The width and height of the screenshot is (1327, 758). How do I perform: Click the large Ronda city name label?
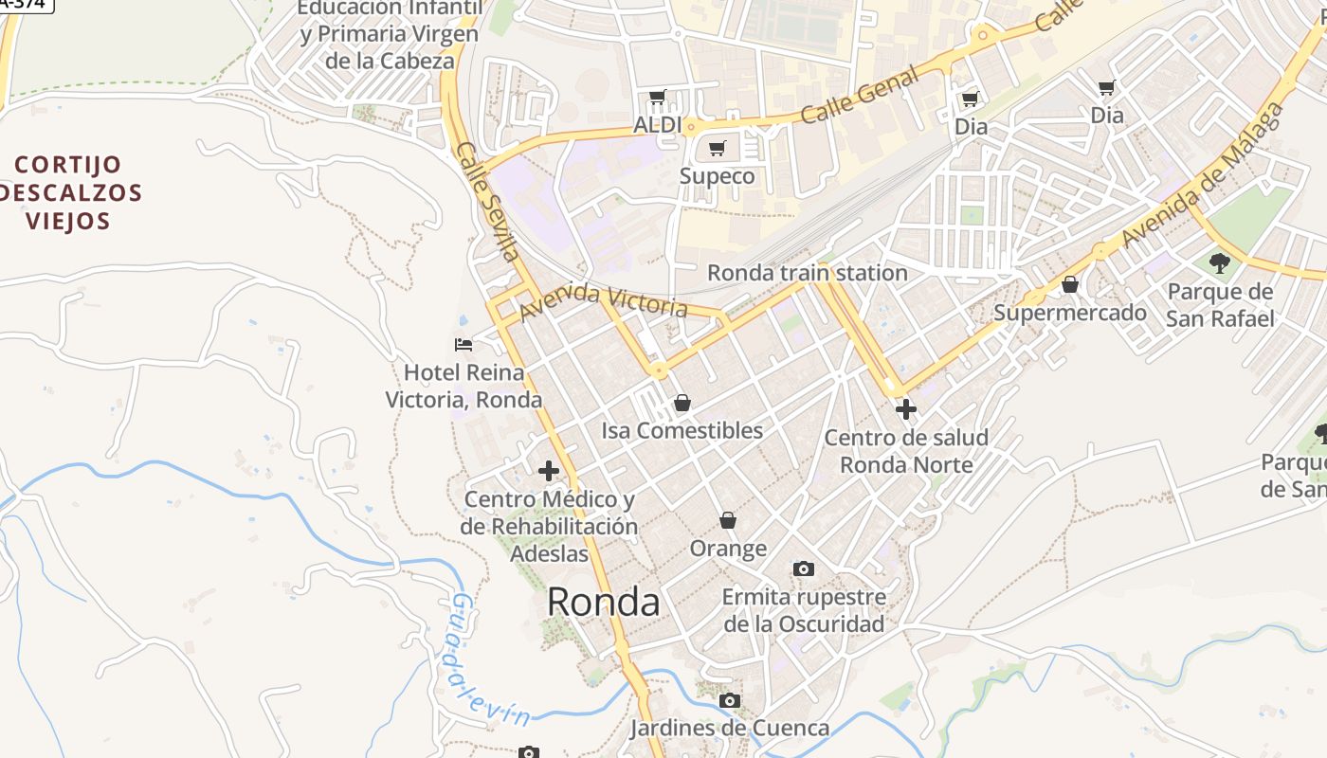pos(603,602)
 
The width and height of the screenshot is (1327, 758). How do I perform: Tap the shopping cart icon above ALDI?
pos(657,97)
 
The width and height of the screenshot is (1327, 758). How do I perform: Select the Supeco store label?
pos(718,176)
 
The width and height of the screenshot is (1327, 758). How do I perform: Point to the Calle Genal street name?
pos(860,95)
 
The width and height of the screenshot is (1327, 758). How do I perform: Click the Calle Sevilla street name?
pos(488,202)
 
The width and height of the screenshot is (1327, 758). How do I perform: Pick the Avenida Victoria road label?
pos(603,301)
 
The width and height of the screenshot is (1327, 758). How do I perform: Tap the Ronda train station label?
pos(808,273)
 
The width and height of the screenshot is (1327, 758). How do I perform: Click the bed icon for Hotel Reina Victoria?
pos(464,345)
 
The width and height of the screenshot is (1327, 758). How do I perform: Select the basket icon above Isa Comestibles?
pos(682,403)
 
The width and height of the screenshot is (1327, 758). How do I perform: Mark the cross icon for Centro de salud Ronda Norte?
pos(906,409)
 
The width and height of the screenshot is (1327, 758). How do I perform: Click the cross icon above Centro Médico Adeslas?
pos(548,470)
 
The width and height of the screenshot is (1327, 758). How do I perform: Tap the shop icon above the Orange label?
pos(728,520)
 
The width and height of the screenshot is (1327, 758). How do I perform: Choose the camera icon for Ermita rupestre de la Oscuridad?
pos(804,568)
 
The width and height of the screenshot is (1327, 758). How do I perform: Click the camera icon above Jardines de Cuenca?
pos(729,700)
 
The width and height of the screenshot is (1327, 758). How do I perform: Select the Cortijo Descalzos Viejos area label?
pos(68,193)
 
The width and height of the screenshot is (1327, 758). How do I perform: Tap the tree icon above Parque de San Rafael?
pos(1220,262)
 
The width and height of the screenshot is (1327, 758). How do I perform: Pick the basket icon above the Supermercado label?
pos(1070,284)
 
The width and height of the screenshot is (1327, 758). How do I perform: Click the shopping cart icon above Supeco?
pos(718,148)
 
